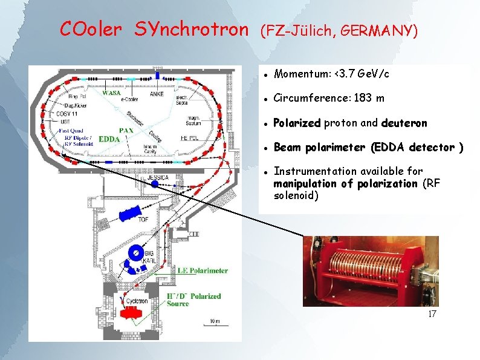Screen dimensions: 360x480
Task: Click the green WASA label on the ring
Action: [111, 94]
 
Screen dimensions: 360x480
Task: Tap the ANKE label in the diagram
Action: [157, 94]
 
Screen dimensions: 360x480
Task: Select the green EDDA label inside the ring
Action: [109, 139]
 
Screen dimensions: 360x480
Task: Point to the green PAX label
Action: [126, 129]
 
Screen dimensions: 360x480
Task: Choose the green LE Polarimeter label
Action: [201, 270]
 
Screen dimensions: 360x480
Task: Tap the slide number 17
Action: [432, 314]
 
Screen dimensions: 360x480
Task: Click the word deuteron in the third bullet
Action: [404, 123]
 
